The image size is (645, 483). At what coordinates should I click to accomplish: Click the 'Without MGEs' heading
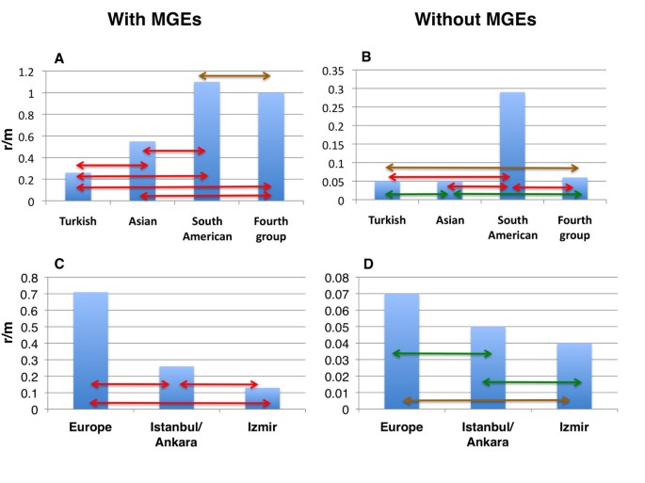[475, 19]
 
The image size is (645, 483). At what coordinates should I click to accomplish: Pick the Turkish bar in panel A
[78, 186]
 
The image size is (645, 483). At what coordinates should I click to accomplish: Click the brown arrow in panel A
[234, 76]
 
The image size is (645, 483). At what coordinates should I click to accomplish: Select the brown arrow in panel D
[487, 401]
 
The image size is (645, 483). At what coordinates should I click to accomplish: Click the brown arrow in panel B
[481, 169]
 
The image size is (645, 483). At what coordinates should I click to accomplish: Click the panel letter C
[59, 265]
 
